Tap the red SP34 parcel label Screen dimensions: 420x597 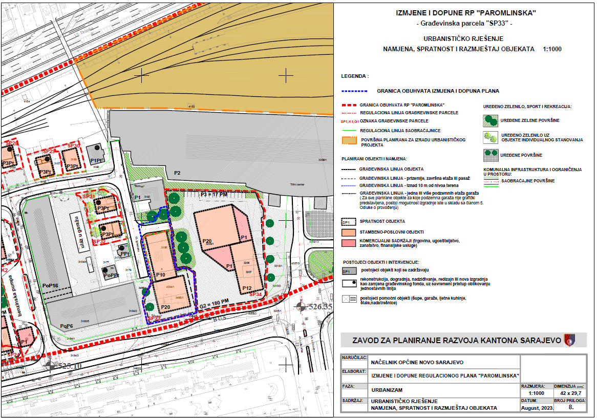[255, 295]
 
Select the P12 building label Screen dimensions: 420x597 [247, 288]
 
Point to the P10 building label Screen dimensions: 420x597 [160, 275]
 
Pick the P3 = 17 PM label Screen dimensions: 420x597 [213, 194]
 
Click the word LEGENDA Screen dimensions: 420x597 [355, 76]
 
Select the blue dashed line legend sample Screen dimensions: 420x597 [354, 91]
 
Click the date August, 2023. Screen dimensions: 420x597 [535, 408]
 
